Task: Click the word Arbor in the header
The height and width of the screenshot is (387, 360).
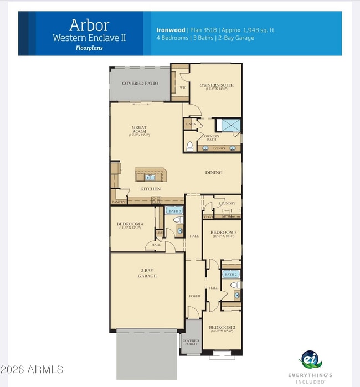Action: point(89,25)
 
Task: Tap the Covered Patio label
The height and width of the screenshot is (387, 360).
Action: point(140,84)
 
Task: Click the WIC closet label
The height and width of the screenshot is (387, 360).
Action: point(182,87)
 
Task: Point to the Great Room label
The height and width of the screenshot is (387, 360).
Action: point(139,130)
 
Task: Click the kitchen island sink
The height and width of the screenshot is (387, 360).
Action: point(150,177)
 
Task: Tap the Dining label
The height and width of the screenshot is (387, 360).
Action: point(213,173)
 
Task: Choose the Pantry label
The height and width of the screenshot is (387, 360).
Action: point(119,202)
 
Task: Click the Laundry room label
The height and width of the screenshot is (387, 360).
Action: point(227,203)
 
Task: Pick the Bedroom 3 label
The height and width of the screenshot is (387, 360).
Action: point(223,233)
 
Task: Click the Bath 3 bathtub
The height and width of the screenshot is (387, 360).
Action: point(175,211)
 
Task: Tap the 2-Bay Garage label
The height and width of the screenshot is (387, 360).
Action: point(147,273)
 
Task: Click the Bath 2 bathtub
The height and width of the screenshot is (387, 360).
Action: point(231,274)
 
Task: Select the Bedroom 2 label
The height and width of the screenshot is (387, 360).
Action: point(222,328)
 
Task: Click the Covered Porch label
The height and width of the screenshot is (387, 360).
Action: point(191,343)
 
